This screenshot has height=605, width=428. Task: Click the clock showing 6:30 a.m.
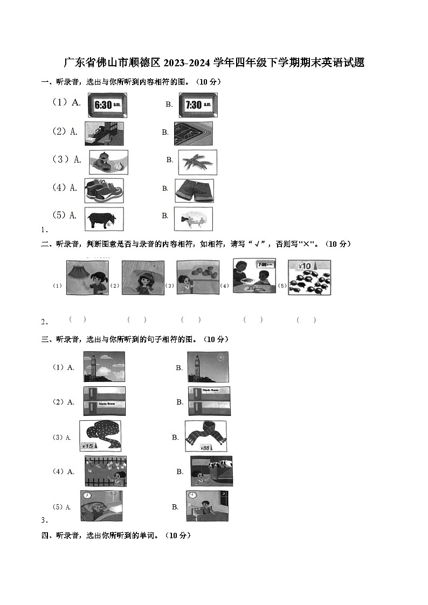pos(107,105)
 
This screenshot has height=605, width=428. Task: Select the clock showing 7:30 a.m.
pos(198,105)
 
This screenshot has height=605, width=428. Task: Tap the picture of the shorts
pos(194,190)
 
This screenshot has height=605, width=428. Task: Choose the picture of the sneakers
pos(103,190)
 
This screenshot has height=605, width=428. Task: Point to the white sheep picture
pos(193,219)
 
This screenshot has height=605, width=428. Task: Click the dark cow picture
pos(103,219)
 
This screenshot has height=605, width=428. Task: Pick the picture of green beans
pos(197,162)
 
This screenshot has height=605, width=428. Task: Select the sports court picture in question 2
pos(193,134)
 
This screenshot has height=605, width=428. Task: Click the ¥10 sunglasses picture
pos(309,277)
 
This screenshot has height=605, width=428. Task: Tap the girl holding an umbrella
pos(143,277)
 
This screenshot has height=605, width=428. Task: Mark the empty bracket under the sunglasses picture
pos(306,320)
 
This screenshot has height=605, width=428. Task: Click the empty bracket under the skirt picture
pos(78,319)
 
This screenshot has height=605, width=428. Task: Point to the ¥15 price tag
pos(89,446)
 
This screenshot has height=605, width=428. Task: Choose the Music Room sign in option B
pos(210,389)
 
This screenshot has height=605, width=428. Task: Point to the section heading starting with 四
pos(116,536)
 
